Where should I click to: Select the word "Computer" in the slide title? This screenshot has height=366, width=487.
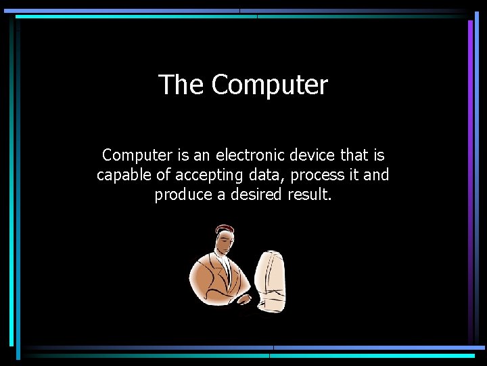269,85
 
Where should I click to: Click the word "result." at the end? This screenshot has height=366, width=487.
310,195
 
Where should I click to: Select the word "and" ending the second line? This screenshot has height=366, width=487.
376,176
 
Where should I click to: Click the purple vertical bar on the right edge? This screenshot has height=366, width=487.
470,169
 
